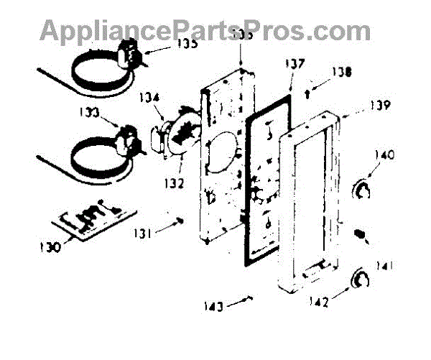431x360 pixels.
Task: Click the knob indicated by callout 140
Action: coord(363,189)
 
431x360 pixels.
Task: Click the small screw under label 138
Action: coord(308,91)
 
